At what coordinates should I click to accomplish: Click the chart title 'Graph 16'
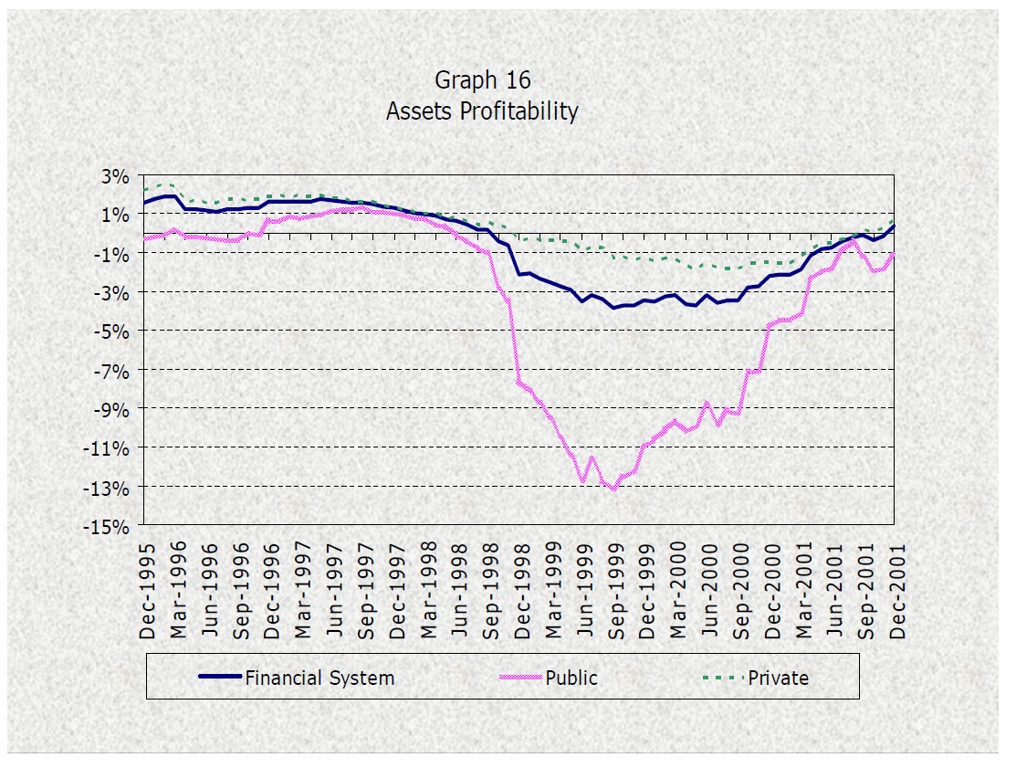(482, 80)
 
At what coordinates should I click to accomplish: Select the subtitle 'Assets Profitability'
(482, 111)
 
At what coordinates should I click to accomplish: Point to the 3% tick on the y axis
(117, 175)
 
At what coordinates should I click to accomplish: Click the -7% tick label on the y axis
(114, 371)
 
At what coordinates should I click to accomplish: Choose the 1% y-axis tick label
(117, 215)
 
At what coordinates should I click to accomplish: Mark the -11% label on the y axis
(111, 448)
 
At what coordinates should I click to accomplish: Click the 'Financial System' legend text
(319, 678)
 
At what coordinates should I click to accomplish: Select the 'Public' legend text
(571, 678)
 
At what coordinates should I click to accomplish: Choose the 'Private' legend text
(778, 678)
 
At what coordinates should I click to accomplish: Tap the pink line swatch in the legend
(520, 678)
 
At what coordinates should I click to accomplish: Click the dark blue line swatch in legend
(220, 678)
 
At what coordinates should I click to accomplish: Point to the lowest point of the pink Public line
(613, 489)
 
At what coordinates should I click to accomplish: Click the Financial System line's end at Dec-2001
(894, 226)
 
